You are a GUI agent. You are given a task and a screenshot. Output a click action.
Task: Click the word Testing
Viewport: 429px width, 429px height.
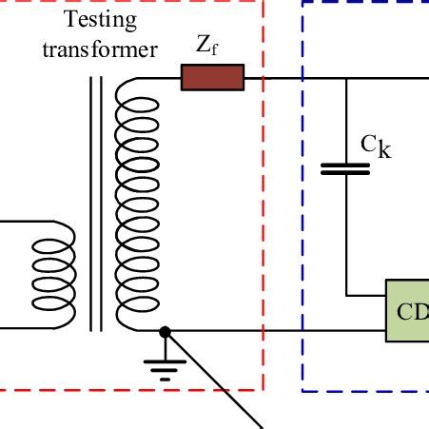[x=100, y=19]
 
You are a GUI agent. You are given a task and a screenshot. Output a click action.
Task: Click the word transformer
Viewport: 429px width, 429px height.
[x=100, y=49]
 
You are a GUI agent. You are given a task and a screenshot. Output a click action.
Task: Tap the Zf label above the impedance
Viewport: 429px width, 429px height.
[x=208, y=45]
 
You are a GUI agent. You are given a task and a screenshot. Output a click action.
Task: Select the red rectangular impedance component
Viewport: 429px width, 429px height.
[x=212, y=77]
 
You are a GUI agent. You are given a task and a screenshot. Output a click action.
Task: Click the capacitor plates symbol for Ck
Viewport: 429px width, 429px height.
[x=345, y=168]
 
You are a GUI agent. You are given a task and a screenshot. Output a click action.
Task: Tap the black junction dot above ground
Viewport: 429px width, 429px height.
[x=166, y=332]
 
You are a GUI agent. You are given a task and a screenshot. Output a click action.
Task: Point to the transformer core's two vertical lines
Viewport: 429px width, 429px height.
[x=95, y=205]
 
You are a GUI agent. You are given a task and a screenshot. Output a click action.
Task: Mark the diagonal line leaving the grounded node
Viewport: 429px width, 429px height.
[x=214, y=380]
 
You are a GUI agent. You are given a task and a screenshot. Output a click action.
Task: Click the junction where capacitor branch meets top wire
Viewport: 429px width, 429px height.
[x=346, y=78]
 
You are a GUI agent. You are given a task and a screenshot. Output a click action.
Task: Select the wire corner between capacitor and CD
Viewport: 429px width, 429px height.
[x=346, y=294]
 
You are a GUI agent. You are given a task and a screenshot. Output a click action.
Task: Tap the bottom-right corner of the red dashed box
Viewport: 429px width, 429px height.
[x=263, y=390]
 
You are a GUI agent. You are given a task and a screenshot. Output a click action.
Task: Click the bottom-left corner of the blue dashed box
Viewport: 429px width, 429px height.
[x=302, y=390]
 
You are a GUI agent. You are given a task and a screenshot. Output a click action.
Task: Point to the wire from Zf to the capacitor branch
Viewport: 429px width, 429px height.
[x=295, y=78]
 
